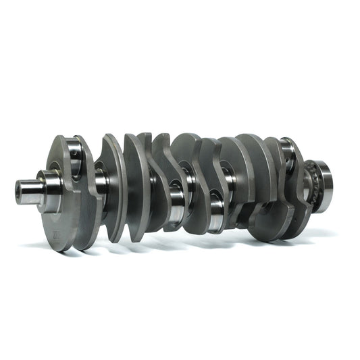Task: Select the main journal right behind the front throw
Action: point(101,181)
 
